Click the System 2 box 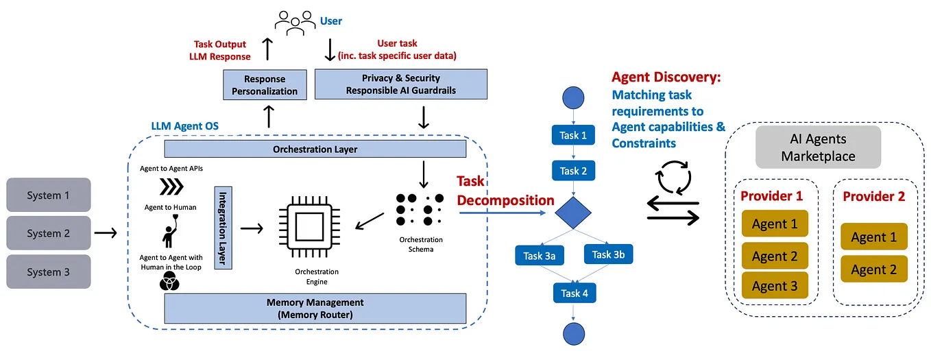pos(48,233)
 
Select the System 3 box pos(48,272)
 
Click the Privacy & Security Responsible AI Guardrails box pos(400,84)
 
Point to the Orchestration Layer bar pos(315,149)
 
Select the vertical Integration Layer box pos(224,227)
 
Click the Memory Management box pos(315,309)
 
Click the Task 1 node pos(573,135)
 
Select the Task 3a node pos(540,256)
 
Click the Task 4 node pos(574,293)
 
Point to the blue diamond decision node pos(573,213)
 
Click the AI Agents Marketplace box pos(818,147)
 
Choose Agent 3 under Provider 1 pos(775,285)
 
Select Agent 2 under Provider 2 pos(873,269)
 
